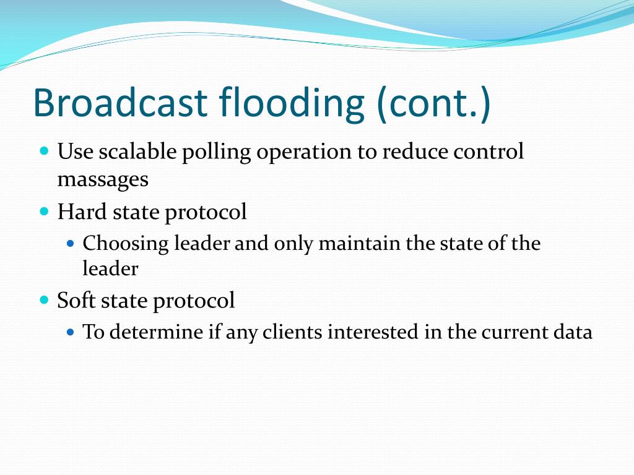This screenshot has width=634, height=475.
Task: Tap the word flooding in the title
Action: pos(292,103)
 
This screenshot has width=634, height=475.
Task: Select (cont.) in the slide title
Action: pos(433,104)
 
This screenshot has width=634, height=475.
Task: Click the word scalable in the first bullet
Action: pos(137,152)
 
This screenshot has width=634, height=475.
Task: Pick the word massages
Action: pos(103,180)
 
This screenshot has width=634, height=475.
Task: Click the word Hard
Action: pos(82,212)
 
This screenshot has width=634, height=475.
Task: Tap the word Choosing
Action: pos(126,244)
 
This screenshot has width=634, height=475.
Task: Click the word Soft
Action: pos(76,300)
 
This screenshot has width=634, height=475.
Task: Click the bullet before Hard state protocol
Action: pos(44,212)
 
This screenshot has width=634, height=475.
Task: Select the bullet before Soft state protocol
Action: pos(44,300)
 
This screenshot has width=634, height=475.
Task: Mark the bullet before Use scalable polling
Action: pos(44,151)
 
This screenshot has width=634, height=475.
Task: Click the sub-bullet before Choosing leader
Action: pos(71,244)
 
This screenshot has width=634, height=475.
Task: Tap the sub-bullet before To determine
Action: pos(71,332)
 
